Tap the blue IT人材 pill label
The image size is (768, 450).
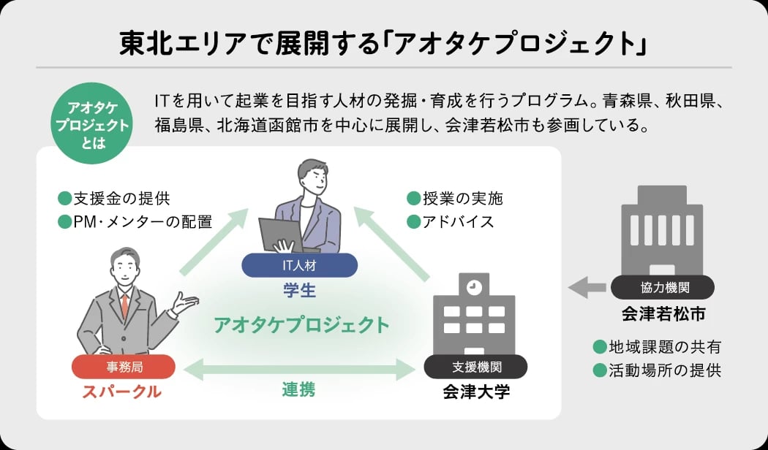[299, 264]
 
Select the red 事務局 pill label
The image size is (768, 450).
[123, 367]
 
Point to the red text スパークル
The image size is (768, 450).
[121, 392]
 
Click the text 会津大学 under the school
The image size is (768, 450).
[476, 392]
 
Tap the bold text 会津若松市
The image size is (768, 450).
[663, 314]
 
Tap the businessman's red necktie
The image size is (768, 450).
[125, 305]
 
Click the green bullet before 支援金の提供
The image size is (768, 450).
[64, 198]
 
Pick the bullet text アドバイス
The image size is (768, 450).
[458, 221]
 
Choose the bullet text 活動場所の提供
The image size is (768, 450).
[664, 370]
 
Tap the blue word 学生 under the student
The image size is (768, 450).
[299, 290]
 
